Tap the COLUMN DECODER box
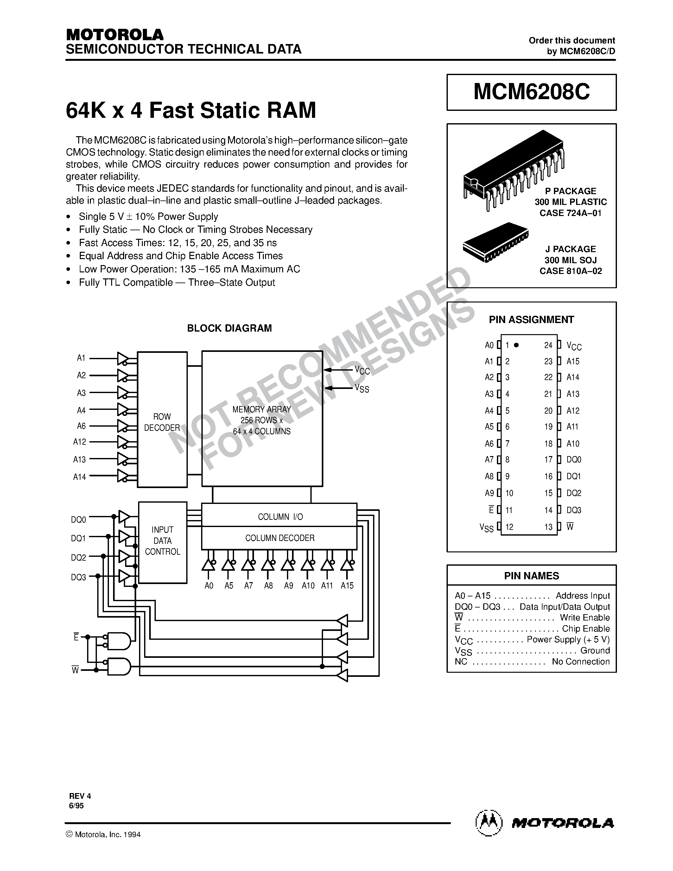(279, 538)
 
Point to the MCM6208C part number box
(531, 92)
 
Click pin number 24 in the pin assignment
(548, 345)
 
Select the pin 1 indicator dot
(516, 345)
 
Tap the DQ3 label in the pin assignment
(574, 510)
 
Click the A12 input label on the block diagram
(80, 442)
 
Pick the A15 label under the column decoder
(347, 585)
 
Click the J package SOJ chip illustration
(496, 242)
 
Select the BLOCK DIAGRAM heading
(229, 328)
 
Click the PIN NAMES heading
(531, 576)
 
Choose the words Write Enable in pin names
(585, 618)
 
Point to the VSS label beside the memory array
(362, 388)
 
